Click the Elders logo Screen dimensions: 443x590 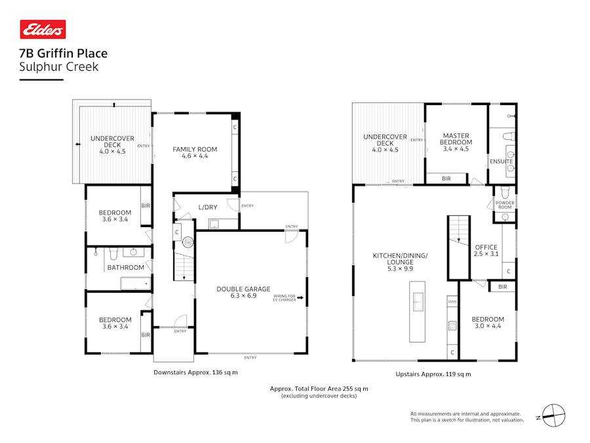coord(43,30)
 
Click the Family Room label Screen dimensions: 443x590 coord(195,153)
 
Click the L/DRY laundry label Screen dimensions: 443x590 coord(208,207)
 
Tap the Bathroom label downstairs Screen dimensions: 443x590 coord(125,267)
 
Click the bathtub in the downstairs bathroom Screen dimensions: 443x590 coord(136,283)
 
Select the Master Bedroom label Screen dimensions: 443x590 coord(456,139)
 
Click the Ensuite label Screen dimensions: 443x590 coord(501,161)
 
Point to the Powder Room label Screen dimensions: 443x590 coord(505,204)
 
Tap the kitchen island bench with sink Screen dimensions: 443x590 coord(418,311)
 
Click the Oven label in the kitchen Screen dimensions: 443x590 coord(452,302)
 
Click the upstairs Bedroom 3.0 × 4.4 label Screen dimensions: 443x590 coord(488,322)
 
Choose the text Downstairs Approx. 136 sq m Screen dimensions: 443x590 coord(195,373)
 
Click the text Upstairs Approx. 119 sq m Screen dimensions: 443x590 coord(433,374)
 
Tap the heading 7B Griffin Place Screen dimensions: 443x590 coord(64,54)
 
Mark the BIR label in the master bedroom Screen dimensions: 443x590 coord(446,179)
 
